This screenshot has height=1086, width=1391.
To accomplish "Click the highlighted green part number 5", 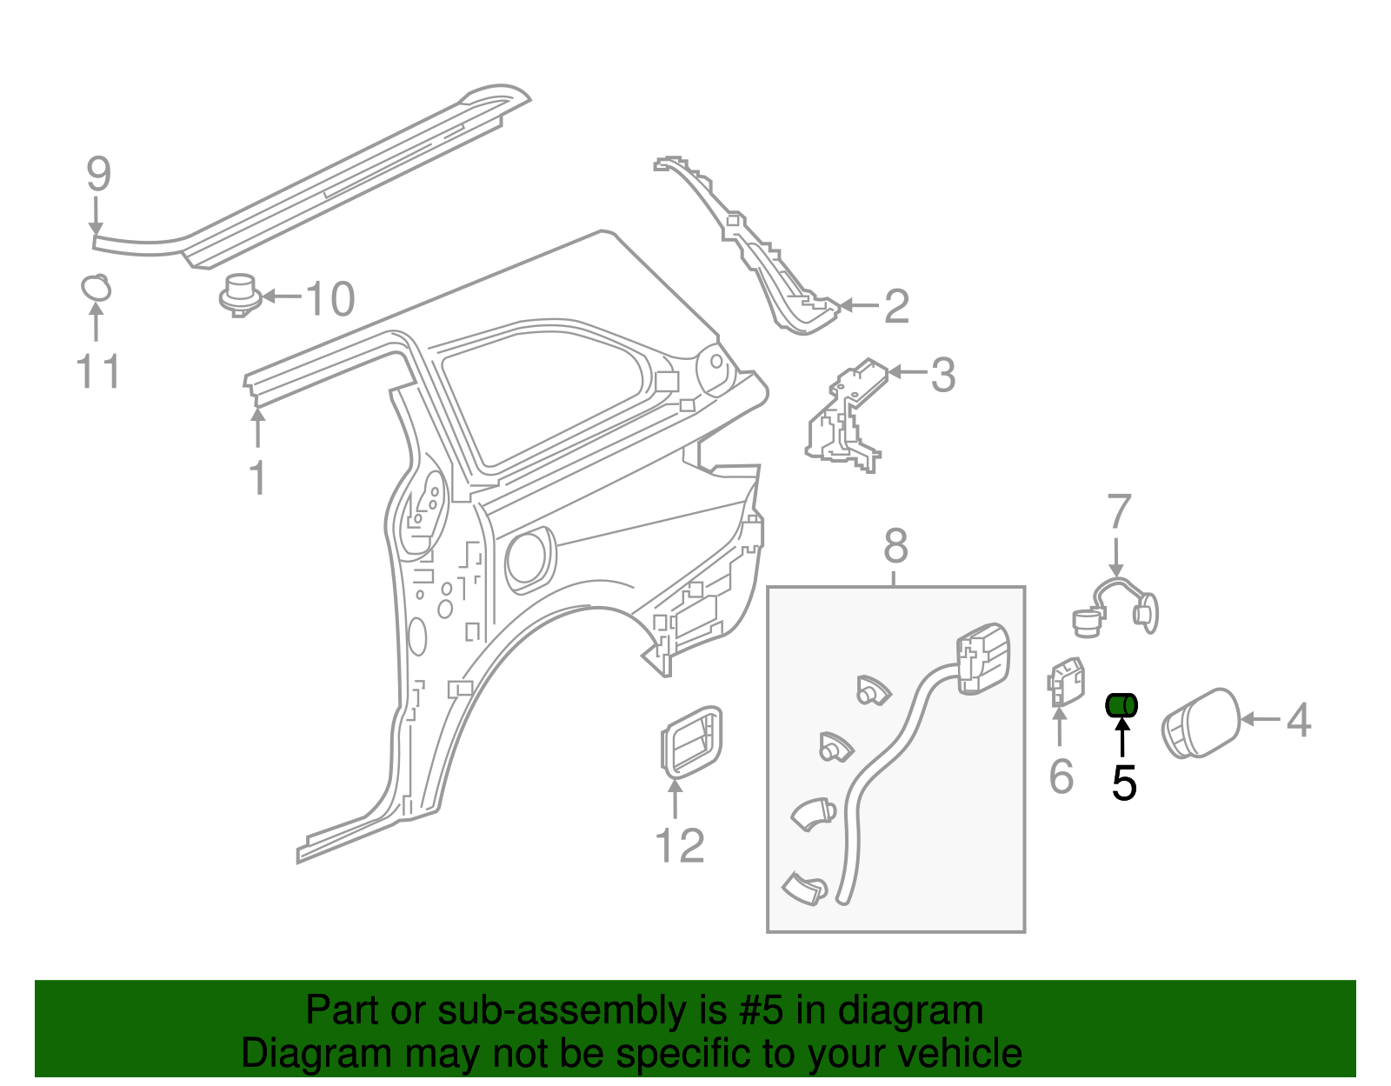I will tap(1121, 705).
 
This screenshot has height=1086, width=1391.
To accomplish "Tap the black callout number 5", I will tap(1124, 783).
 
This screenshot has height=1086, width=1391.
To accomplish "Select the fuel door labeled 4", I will tap(1201, 723).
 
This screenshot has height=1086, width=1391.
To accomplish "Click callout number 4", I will tap(1298, 720).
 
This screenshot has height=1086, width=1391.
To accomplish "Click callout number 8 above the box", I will tap(895, 547).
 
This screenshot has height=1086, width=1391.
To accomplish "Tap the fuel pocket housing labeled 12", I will tap(691, 742).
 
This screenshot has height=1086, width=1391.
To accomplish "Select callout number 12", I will tap(679, 845).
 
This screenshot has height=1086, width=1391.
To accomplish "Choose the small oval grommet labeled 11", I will tap(96, 287).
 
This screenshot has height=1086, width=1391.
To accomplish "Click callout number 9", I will tap(99, 174).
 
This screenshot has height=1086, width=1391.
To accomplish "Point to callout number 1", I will tap(257, 477).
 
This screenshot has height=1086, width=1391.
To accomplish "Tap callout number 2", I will tap(896, 306).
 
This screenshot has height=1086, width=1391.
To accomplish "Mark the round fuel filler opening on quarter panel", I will tap(529, 557).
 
